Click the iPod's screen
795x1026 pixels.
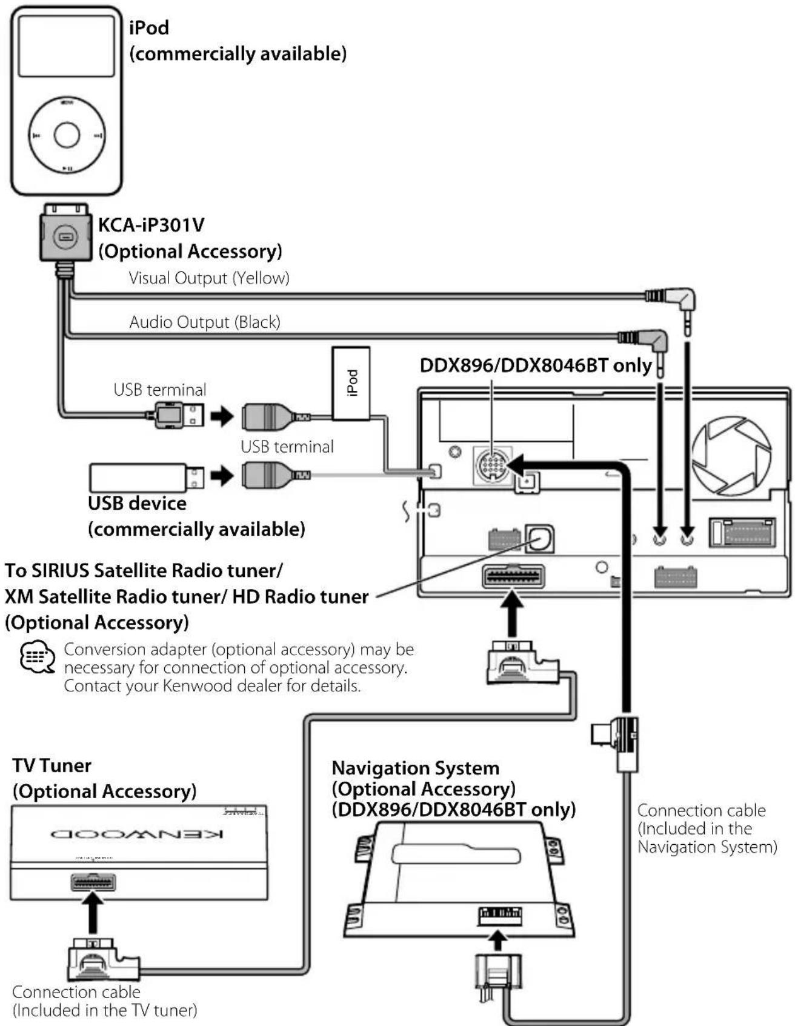click(66, 46)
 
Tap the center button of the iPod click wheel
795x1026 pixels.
click(67, 135)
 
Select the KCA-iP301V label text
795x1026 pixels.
click(151, 225)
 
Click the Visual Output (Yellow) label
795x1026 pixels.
click(209, 278)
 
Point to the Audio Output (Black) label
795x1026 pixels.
click(205, 322)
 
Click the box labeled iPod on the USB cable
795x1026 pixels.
click(351, 383)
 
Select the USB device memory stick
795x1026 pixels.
click(146, 478)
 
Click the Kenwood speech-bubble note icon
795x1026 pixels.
click(38, 658)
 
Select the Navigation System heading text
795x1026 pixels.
click(416, 768)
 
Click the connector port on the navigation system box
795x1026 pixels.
click(499, 915)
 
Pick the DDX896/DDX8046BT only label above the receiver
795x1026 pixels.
click(536, 365)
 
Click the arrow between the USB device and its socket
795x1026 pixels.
click(222, 476)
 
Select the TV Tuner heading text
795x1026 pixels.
click(52, 765)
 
